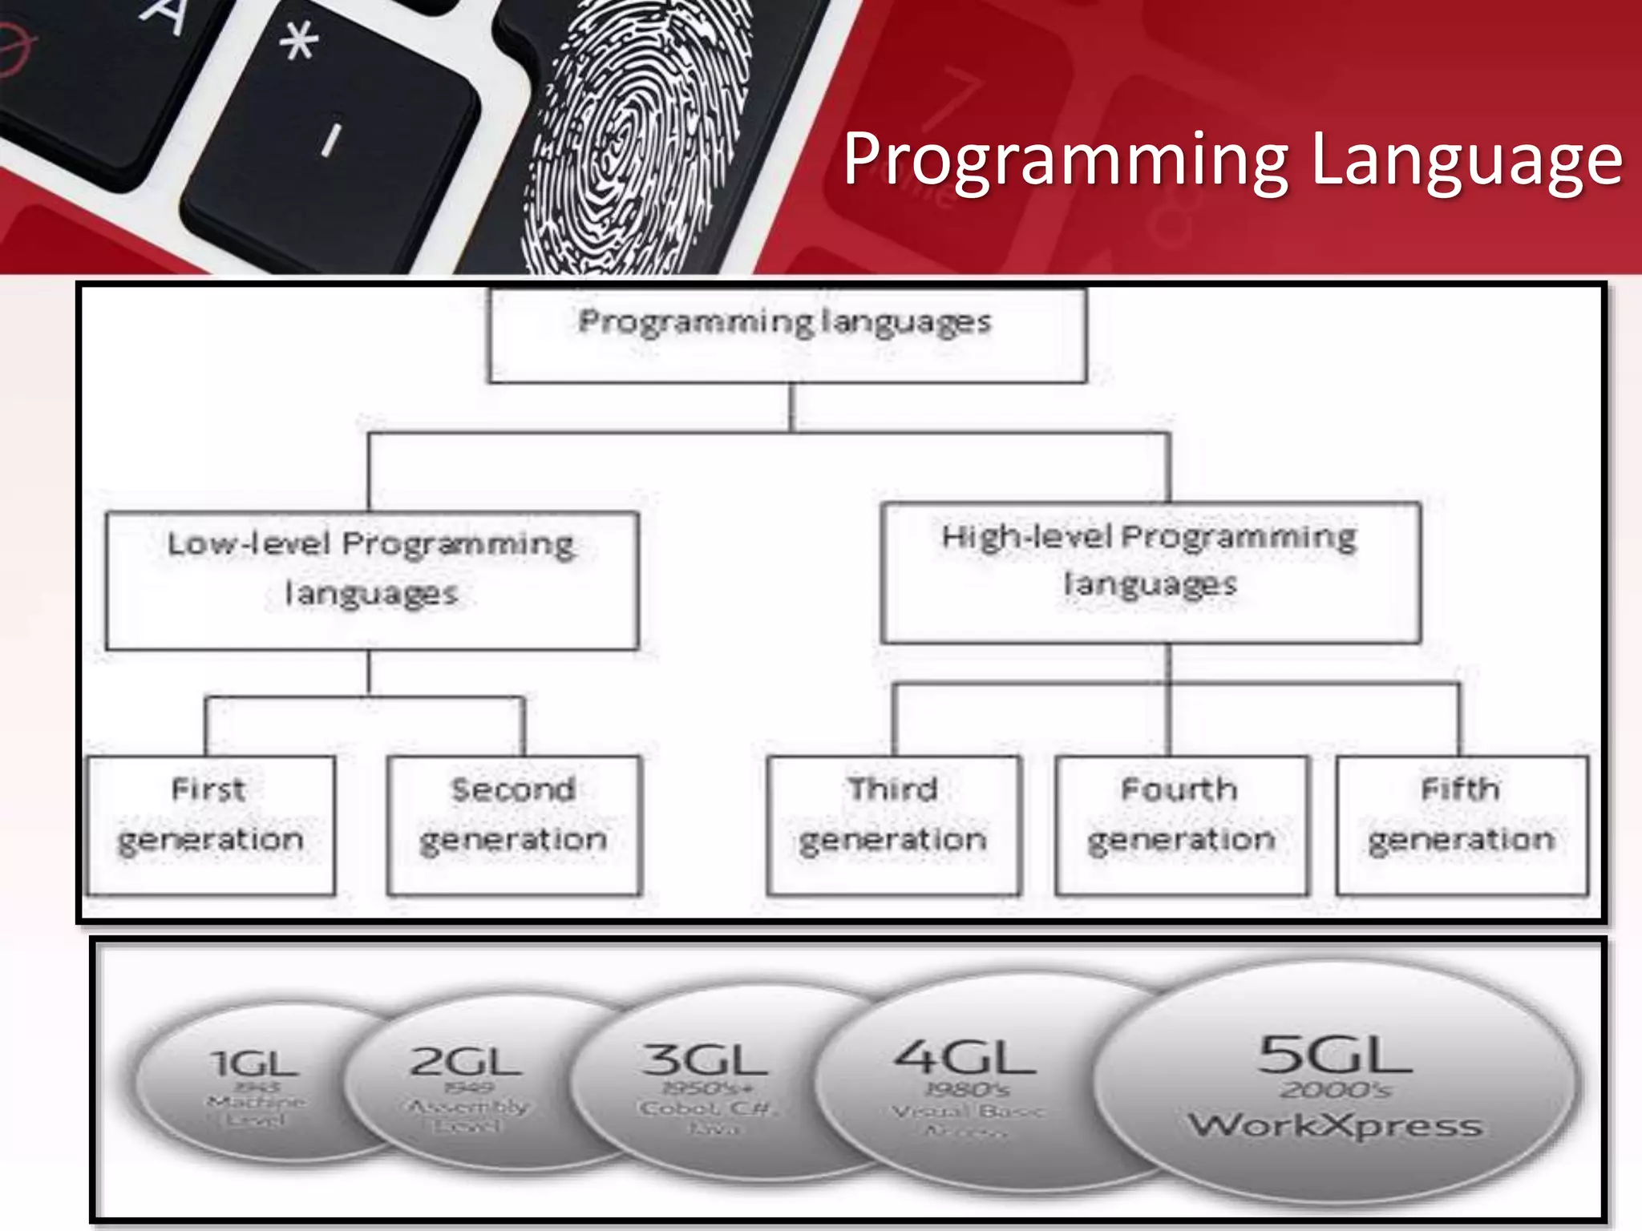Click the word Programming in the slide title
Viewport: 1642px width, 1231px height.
click(x=1066, y=161)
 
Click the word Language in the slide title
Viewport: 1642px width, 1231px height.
click(x=1466, y=161)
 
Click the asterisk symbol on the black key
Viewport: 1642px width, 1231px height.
click(x=299, y=40)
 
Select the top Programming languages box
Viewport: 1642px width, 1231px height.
click(x=787, y=335)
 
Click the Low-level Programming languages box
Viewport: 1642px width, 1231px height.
click(x=372, y=580)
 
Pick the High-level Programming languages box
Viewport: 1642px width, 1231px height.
click(x=1151, y=572)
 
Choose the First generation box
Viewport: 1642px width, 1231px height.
click(x=210, y=825)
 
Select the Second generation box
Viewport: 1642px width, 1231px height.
click(x=514, y=825)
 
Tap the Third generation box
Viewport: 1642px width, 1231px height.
click(x=893, y=825)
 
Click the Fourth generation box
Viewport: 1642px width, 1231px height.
click(x=1181, y=825)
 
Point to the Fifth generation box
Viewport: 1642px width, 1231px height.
click(x=1462, y=825)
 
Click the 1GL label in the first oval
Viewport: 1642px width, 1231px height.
click(x=255, y=1064)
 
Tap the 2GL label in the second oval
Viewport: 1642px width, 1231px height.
click(x=466, y=1062)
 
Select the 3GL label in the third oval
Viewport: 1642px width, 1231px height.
click(x=706, y=1059)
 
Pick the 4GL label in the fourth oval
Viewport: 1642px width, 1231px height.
click(x=965, y=1057)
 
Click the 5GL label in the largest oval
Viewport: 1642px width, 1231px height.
click(x=1335, y=1055)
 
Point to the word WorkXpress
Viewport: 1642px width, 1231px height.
click(x=1335, y=1125)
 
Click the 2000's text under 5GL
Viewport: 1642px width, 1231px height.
click(x=1335, y=1091)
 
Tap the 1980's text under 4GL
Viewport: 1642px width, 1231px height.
click(x=967, y=1090)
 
